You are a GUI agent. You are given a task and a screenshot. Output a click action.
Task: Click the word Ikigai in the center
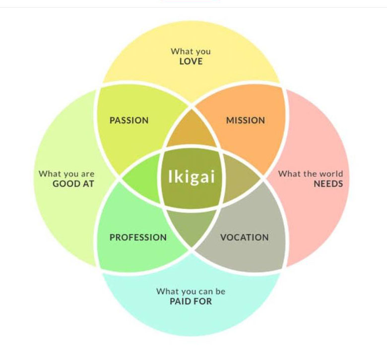[192, 177]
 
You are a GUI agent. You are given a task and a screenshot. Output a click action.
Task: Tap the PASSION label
[129, 120]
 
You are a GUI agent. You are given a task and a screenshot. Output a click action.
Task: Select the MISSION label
[245, 120]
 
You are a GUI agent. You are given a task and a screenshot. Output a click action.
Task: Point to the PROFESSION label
[138, 238]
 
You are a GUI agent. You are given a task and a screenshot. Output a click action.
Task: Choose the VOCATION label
[244, 238]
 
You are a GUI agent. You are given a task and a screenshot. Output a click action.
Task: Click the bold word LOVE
[191, 61]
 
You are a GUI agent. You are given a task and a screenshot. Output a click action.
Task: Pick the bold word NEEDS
[328, 183]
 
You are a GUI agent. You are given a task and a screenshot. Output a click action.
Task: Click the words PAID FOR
[191, 301]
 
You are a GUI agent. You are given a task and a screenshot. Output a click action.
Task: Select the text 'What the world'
[310, 174]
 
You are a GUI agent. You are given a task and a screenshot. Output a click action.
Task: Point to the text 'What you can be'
[191, 291]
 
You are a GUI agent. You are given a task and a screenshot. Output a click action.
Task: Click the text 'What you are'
[66, 174]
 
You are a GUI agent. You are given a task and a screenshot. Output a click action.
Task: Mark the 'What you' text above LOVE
[191, 51]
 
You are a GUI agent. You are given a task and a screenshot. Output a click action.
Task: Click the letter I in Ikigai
[171, 177]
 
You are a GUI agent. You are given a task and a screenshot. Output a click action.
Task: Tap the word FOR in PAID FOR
[204, 301]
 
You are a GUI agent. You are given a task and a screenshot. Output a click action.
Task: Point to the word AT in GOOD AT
[88, 183]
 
